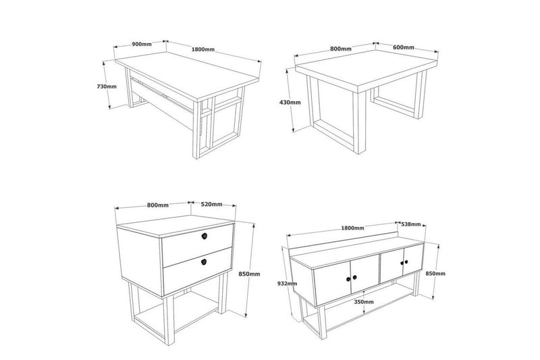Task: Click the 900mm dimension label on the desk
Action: coord(140,44)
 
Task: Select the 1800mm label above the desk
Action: coord(203,49)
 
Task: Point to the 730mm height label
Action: coord(106,86)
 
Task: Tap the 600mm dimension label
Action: coord(403,47)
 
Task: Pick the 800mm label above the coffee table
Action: coord(341,49)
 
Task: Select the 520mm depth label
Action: coord(212,205)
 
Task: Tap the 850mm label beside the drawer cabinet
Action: coord(249,274)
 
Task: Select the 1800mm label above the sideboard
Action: coord(353,228)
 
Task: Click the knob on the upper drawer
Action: coord(205,236)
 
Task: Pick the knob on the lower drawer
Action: coord(205,261)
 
